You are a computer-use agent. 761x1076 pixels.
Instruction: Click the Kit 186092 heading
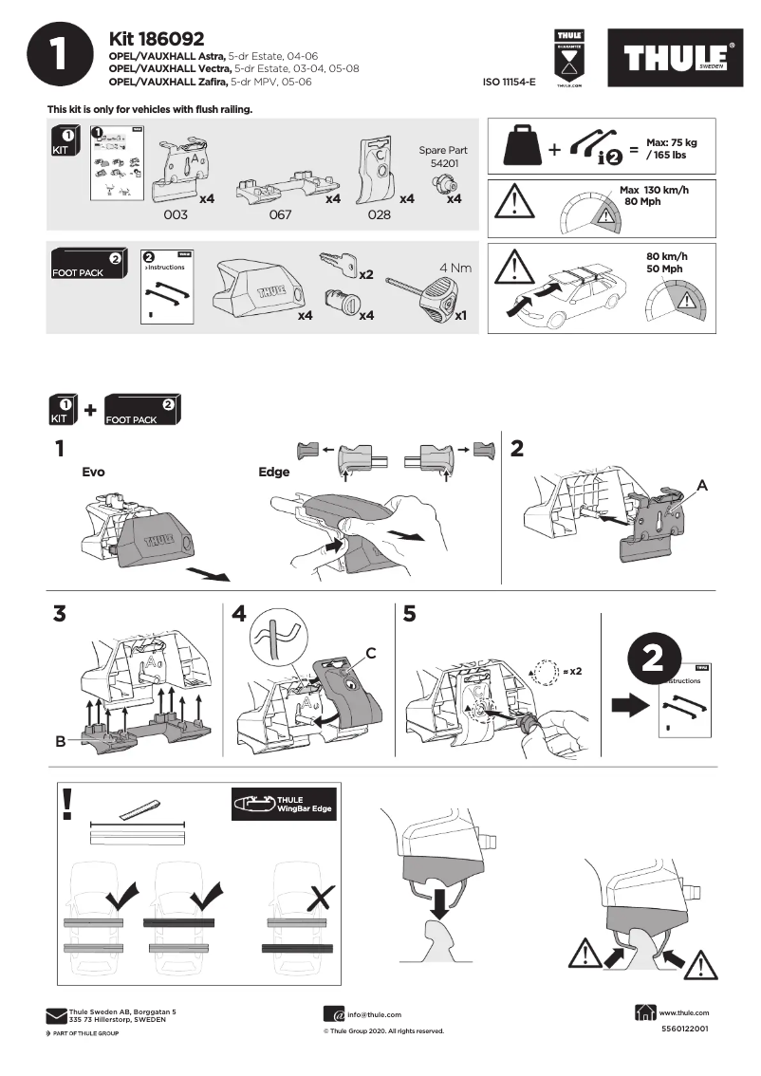coord(157,39)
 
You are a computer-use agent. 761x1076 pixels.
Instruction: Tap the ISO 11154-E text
coord(509,83)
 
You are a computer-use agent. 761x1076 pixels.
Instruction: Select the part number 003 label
coord(176,215)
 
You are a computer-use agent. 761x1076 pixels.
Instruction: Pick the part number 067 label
coord(280,215)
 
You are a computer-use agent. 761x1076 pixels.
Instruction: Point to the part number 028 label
coord(380,215)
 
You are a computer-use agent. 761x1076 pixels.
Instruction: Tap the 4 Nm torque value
coord(455,268)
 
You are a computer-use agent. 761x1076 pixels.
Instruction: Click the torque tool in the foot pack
coord(428,292)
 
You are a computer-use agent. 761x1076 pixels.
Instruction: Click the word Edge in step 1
coord(273,471)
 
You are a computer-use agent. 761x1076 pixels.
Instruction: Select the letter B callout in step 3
coord(60,741)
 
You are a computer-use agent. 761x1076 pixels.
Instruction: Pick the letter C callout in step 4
coord(372,653)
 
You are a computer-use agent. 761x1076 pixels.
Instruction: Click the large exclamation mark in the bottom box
coord(66,803)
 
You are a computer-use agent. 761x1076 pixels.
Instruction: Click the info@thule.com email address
coord(374,1014)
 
